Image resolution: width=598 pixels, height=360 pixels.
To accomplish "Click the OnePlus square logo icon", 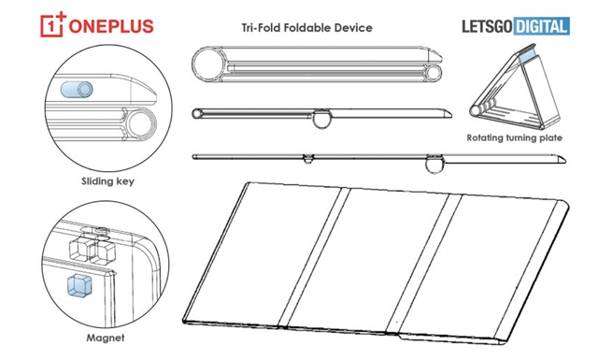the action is click(x=53, y=25).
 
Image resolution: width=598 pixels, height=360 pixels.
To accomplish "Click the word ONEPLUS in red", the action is click(x=111, y=27).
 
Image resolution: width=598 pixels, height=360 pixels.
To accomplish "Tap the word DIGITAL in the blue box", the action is click(x=542, y=26).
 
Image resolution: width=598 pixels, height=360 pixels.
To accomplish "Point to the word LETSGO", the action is click(x=487, y=26).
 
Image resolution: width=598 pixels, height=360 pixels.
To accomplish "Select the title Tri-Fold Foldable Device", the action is click(x=307, y=28).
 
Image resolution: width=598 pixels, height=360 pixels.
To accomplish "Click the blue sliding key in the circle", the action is click(x=77, y=90).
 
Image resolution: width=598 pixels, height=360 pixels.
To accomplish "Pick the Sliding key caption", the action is click(x=108, y=181).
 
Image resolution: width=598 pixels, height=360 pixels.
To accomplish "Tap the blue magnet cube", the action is click(x=79, y=285).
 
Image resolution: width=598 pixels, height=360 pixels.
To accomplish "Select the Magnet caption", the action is click(x=106, y=338).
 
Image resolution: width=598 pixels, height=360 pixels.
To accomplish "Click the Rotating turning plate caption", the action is click(x=515, y=137).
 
